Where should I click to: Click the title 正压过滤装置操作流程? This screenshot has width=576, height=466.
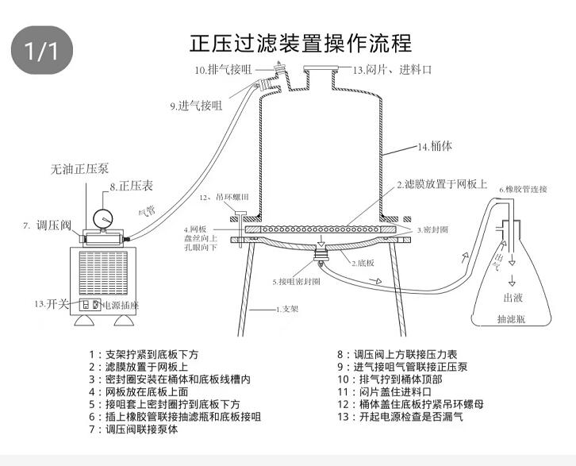301,41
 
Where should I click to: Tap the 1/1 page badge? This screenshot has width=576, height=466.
42,52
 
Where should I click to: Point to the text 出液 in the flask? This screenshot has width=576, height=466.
513,298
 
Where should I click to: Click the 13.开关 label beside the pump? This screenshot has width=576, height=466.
51,303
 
